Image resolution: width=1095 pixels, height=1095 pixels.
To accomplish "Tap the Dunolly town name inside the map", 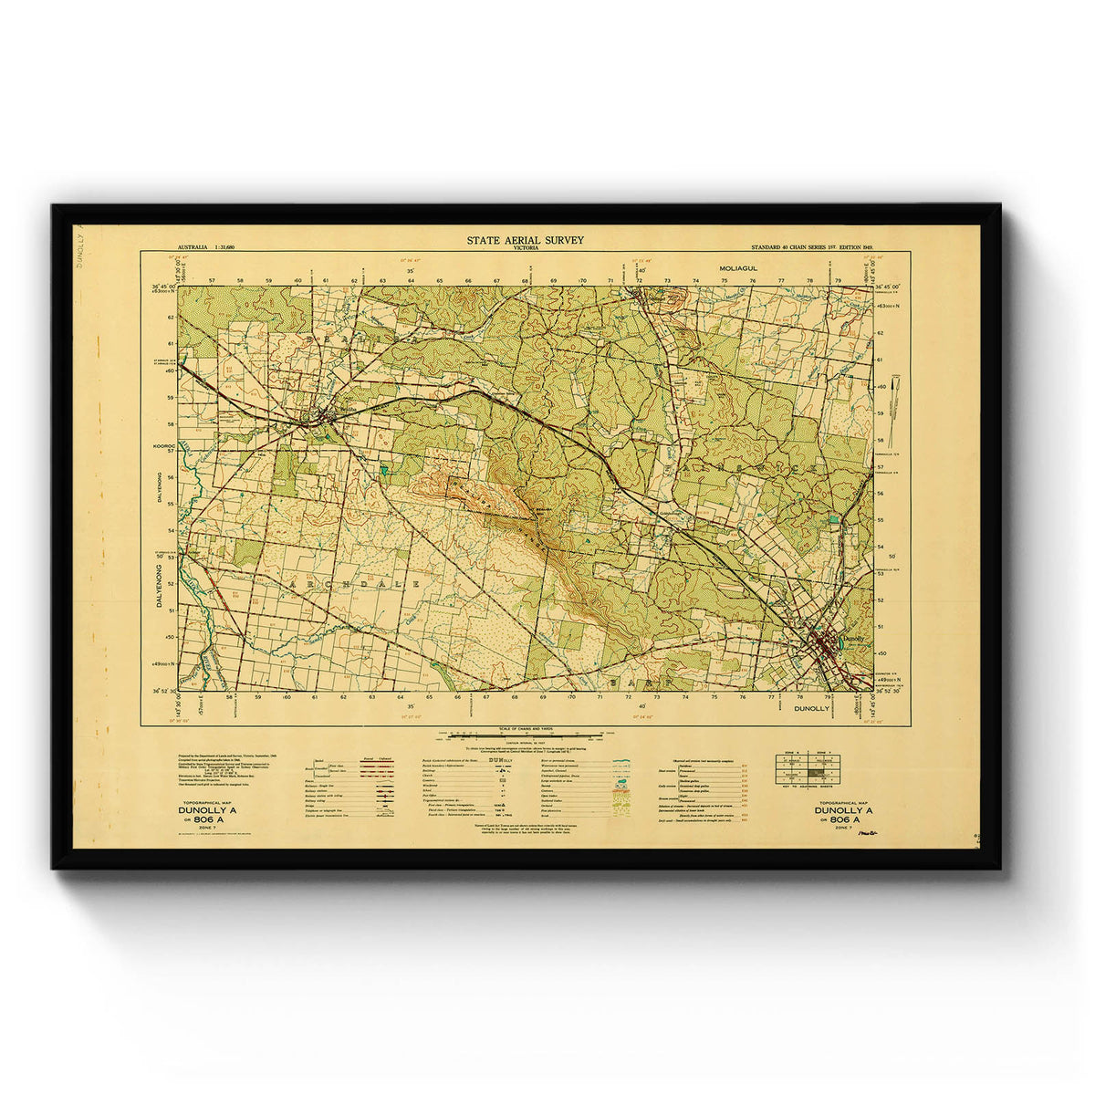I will coord(854,639).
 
